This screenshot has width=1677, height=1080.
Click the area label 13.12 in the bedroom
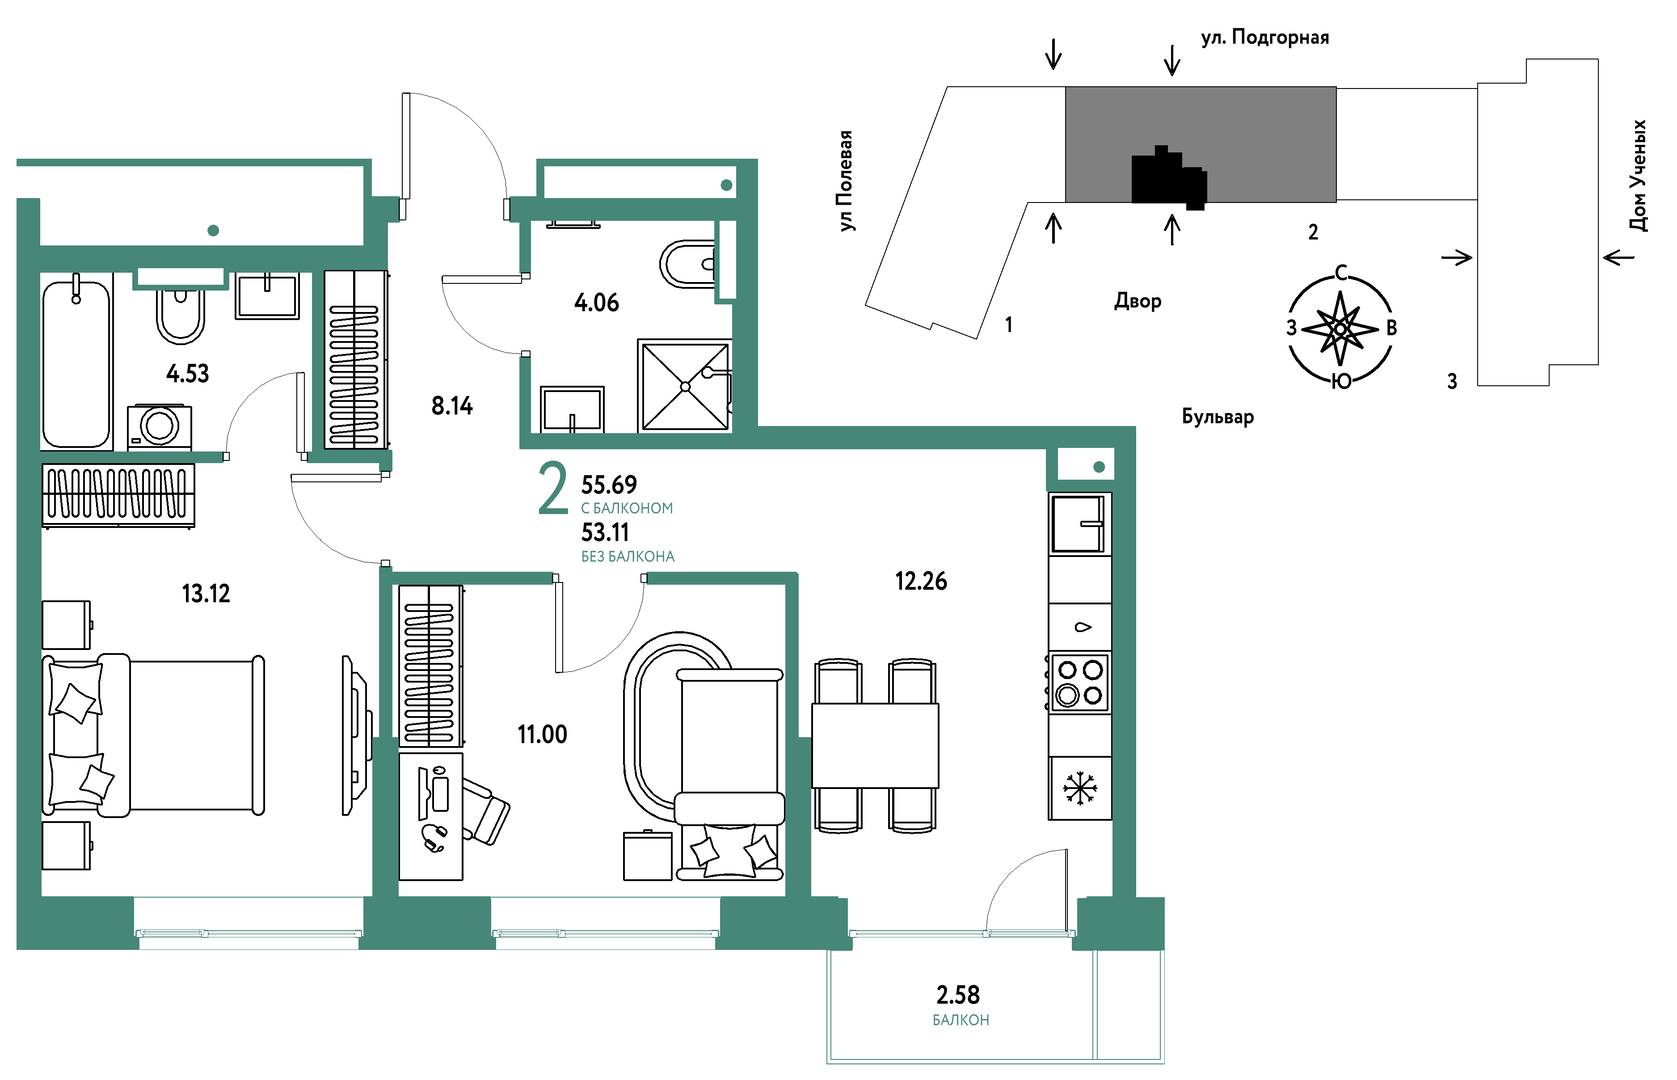206,594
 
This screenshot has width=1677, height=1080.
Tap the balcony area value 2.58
958,995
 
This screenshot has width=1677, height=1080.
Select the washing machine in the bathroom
159,427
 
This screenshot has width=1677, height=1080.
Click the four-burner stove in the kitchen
1079,682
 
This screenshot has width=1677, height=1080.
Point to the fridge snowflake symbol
1080,788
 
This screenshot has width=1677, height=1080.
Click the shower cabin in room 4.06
684,386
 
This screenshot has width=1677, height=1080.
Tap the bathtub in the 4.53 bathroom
76,361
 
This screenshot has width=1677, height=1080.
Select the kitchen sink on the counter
1079,523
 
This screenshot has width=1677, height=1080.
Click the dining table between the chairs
874,745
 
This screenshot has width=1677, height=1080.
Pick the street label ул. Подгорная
1264,38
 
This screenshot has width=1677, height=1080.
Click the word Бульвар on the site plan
1217,416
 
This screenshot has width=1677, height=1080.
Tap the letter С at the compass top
1341,273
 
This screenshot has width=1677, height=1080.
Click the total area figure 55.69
609,485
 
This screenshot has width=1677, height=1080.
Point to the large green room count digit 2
553,488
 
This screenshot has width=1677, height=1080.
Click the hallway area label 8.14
452,406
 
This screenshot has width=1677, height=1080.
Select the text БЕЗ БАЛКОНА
627,557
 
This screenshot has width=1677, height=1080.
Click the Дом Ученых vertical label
1638,176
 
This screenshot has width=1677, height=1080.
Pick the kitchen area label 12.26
921,581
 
